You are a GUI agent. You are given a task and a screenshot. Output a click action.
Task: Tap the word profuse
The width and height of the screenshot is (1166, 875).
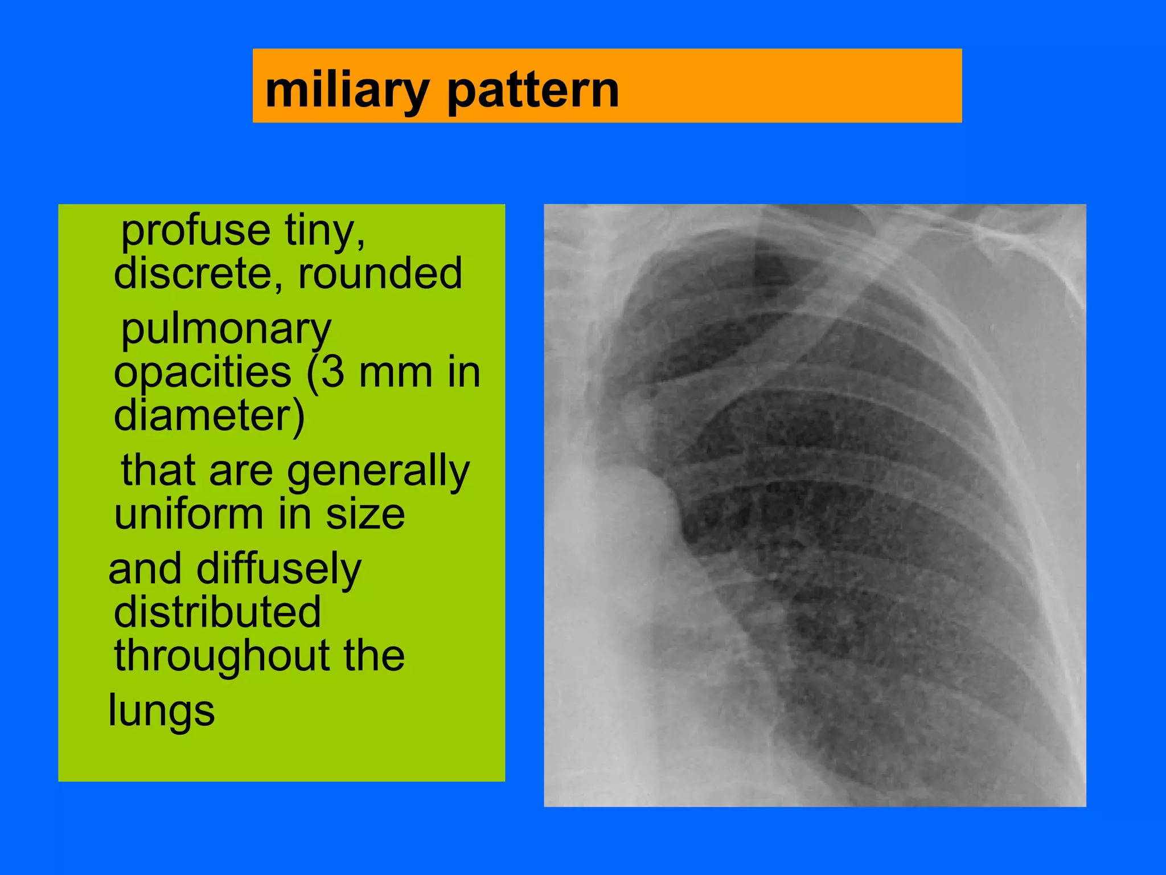[x=195, y=231]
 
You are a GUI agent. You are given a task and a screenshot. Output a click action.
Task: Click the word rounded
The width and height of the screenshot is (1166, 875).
[x=380, y=273]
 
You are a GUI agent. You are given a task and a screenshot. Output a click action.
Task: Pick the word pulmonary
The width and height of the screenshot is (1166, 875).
[x=226, y=330]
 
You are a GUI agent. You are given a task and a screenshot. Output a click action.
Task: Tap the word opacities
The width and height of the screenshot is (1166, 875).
[x=202, y=373]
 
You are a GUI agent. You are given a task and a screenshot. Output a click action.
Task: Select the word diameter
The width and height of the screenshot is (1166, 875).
[x=209, y=416]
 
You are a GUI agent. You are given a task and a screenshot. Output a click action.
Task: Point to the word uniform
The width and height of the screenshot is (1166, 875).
[x=188, y=514]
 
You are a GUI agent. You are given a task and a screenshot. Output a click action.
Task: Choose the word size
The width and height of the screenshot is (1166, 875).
[x=365, y=514]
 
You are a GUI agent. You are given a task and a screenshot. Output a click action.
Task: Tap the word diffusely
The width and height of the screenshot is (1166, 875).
[x=278, y=570]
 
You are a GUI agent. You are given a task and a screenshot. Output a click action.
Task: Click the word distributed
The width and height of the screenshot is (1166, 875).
[x=217, y=612]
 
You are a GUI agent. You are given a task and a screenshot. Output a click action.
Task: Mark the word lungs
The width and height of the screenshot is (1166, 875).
[x=162, y=711]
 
